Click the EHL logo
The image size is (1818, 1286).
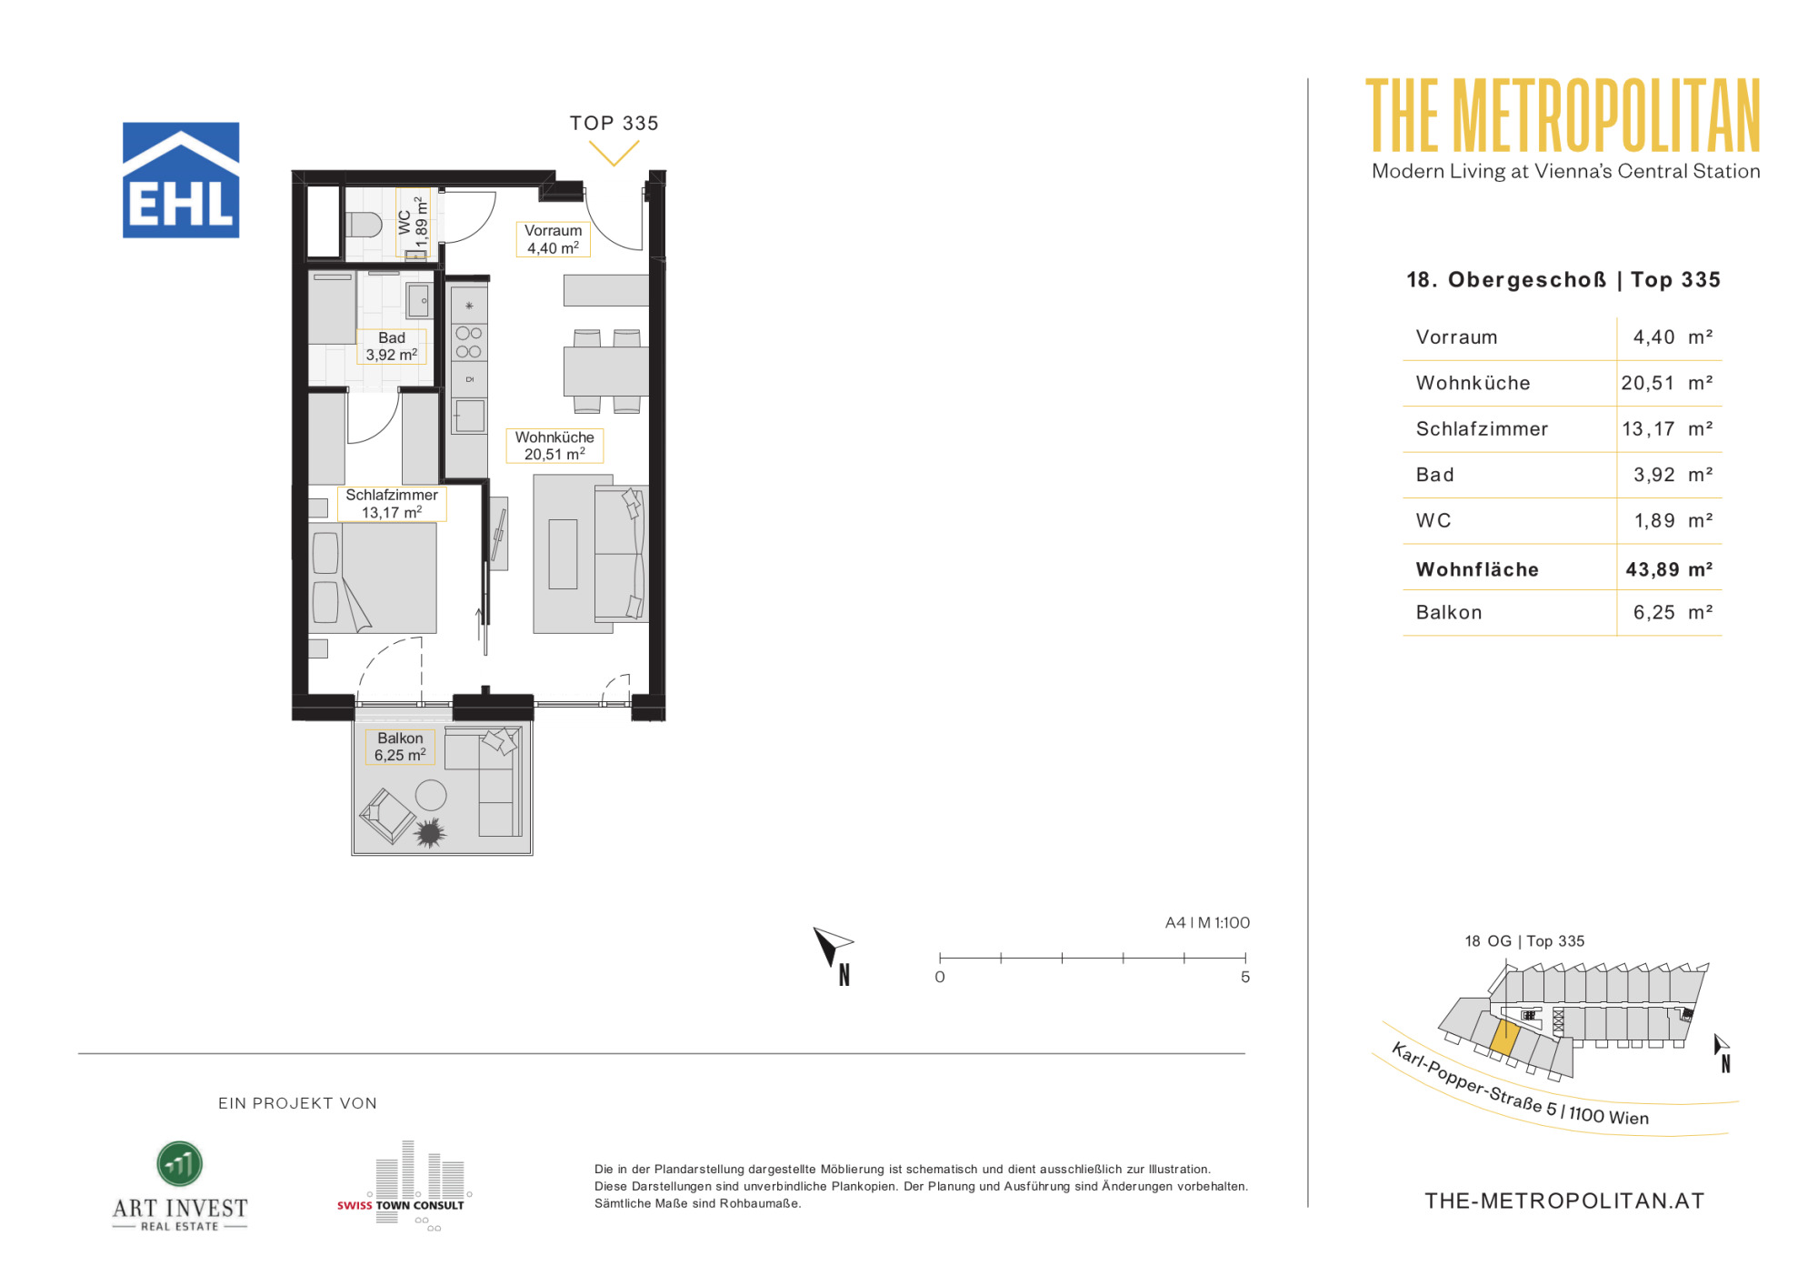pos(181,180)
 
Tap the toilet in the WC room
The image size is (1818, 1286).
pos(364,224)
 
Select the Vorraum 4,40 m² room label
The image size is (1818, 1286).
pos(554,239)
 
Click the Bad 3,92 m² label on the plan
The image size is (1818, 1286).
pos(392,347)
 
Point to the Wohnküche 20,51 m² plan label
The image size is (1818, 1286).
pos(554,446)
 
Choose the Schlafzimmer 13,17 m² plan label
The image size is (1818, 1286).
pos(392,504)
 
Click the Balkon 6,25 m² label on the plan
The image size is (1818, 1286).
pos(400,747)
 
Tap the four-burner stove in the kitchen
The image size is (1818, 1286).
pos(469,343)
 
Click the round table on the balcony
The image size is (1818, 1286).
pos(431,795)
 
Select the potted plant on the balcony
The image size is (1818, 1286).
pos(429,832)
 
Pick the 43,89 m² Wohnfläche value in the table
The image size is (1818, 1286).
pos(1669,569)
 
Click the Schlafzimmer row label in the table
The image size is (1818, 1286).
pos(1482,429)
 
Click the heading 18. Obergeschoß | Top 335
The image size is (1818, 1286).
pos(1563,280)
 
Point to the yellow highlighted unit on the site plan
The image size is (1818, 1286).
pos(1504,1038)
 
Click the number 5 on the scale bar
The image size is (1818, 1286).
pos(1245,977)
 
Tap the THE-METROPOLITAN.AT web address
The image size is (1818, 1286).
pos(1564,1201)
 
